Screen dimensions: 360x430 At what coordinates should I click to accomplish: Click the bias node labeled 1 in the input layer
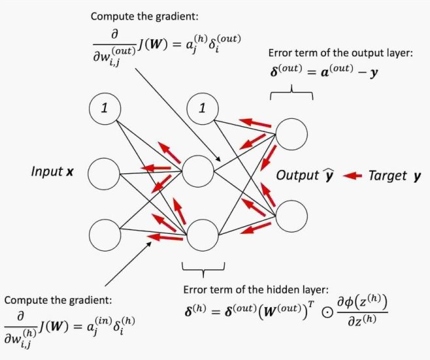pyautogui.click(x=105, y=109)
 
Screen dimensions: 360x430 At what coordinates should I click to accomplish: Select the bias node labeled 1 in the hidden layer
pyautogui.click(x=203, y=109)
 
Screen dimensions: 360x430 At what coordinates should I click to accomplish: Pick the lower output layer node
pyautogui.click(x=291, y=215)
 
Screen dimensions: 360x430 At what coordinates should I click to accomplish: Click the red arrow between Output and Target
pyautogui.click(x=353, y=175)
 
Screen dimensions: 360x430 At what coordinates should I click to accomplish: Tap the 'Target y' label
pyautogui.click(x=395, y=175)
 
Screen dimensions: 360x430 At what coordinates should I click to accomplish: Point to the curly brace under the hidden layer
pyautogui.click(x=203, y=268)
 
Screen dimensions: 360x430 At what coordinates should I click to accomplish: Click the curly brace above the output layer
pyautogui.click(x=291, y=96)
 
